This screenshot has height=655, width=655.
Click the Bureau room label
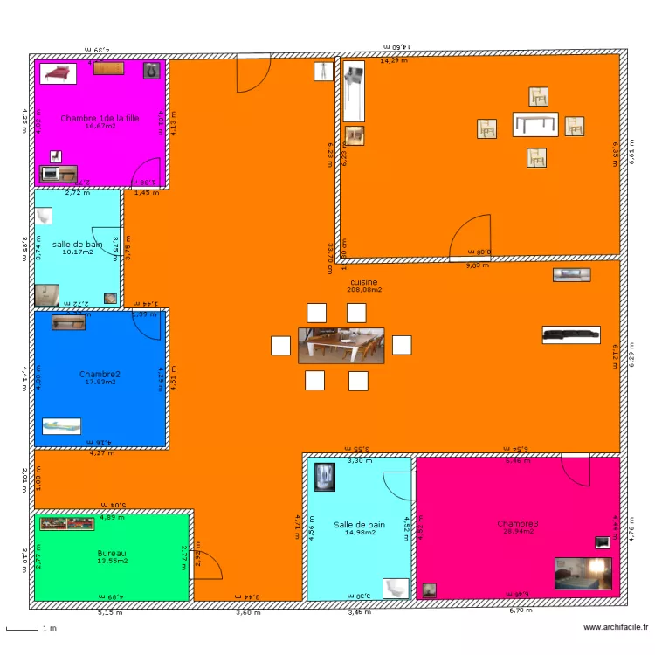(x=112, y=553)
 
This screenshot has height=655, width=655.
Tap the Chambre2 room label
(x=100, y=374)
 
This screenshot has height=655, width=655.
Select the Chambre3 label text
(x=518, y=523)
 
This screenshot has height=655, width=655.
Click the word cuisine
(x=363, y=282)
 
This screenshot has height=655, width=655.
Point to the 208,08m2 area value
(x=363, y=290)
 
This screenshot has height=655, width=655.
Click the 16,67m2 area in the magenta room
(x=100, y=126)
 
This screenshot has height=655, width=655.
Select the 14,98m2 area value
(x=359, y=532)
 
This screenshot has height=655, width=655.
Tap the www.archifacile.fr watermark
(x=617, y=627)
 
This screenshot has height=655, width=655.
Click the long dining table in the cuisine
(x=341, y=345)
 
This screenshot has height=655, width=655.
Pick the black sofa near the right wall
(x=571, y=333)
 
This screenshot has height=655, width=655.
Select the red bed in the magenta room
(x=58, y=72)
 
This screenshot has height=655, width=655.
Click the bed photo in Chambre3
(x=583, y=574)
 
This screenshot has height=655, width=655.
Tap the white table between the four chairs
(x=535, y=124)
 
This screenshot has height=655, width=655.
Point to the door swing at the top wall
(x=253, y=73)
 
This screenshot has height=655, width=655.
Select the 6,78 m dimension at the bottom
(x=520, y=611)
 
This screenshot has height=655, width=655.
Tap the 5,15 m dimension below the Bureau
(x=110, y=612)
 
